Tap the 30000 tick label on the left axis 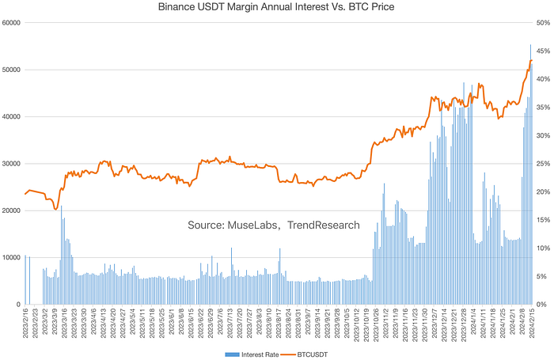tap(11, 164)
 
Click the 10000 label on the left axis tap(11, 258)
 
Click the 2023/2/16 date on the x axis tap(26, 324)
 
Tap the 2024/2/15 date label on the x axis tap(532, 324)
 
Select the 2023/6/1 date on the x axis tap(172, 324)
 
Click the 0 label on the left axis tap(18, 305)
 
